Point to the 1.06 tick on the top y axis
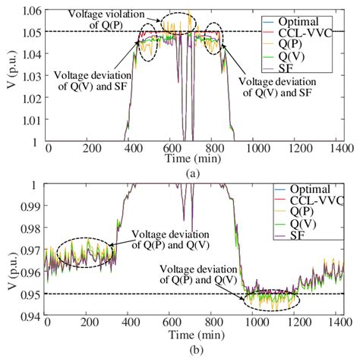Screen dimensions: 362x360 tap(31, 11)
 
